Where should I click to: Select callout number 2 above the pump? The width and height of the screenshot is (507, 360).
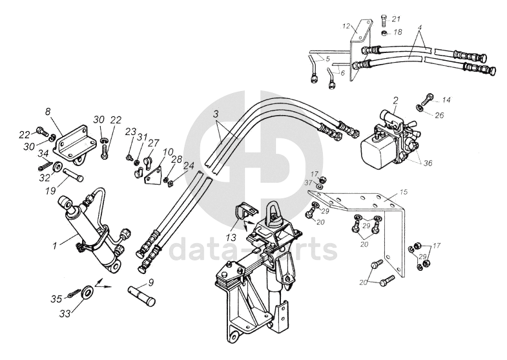click(x=395, y=100)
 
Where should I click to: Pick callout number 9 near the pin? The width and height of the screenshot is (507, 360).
click(x=151, y=282)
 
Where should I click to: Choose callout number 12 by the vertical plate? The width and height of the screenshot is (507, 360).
click(x=346, y=26)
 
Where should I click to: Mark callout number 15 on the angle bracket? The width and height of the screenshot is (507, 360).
click(x=404, y=193)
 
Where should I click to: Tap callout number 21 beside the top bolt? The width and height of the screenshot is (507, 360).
click(x=396, y=18)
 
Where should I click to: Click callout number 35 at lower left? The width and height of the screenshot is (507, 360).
click(x=57, y=299)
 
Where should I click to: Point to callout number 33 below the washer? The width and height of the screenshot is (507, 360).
click(x=64, y=312)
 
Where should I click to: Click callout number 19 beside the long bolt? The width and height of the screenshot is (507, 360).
click(x=50, y=191)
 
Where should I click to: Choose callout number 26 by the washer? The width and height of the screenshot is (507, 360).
click(x=439, y=116)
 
